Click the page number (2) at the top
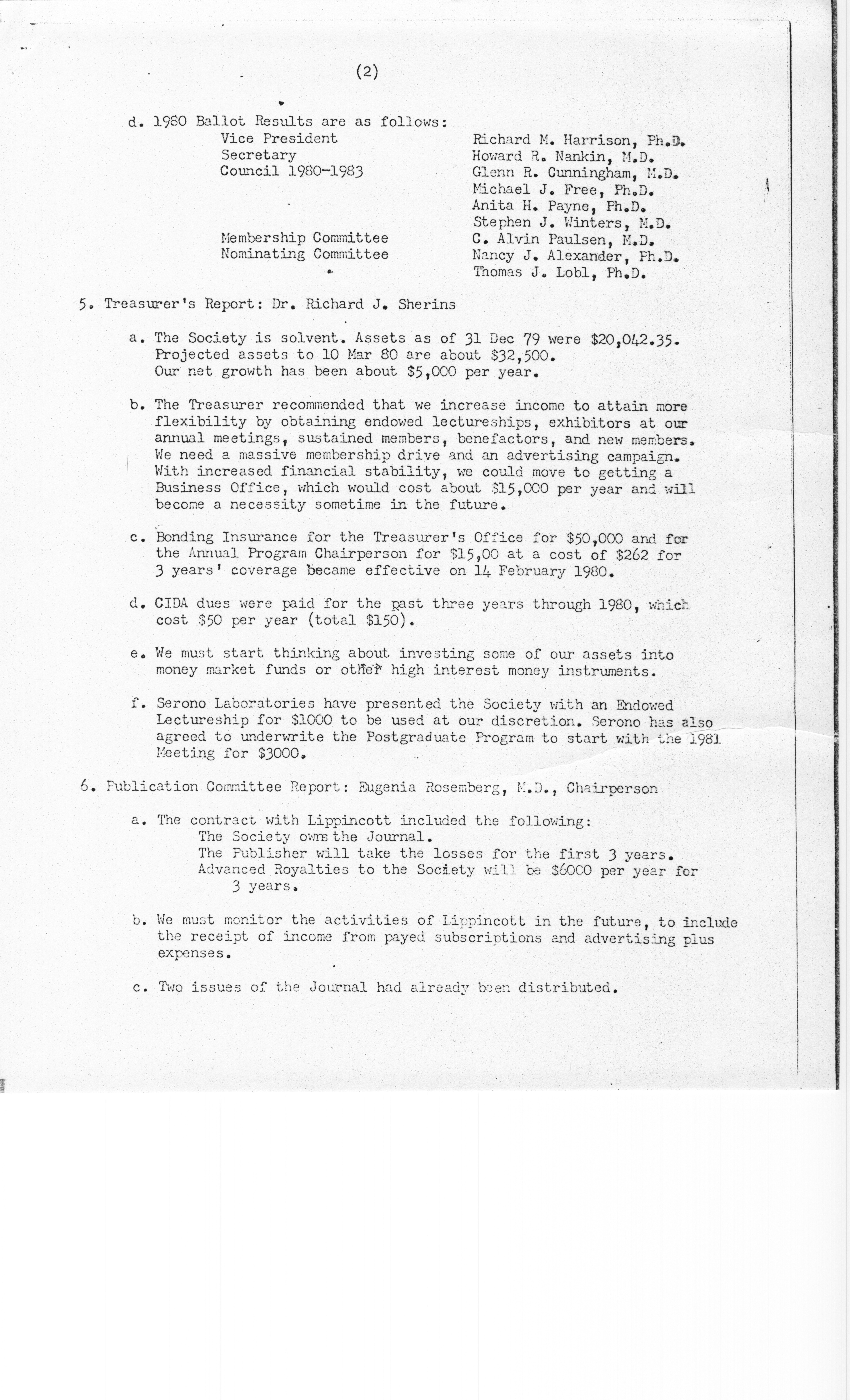coord(367,72)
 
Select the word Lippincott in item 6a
coord(349,820)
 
